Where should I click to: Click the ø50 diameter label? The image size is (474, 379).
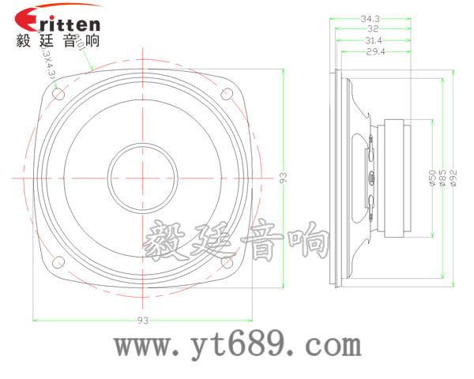pyautogui.click(x=431, y=178)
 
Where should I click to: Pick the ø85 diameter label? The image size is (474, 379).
pyautogui.click(x=442, y=178)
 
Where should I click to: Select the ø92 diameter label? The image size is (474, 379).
pyautogui.click(x=453, y=178)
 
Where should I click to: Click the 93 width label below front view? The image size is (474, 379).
pyautogui.click(x=143, y=321)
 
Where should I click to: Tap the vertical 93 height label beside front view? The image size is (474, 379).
pyautogui.click(x=283, y=178)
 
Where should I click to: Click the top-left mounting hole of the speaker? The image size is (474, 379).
pyautogui.click(x=58, y=94)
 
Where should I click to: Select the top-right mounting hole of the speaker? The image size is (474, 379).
pyautogui.click(x=228, y=95)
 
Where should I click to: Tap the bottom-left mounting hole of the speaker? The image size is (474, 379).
pyautogui.click(x=58, y=263)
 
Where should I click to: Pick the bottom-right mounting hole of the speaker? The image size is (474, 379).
pyautogui.click(x=228, y=263)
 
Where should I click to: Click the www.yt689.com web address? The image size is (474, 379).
pyautogui.click(x=238, y=345)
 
